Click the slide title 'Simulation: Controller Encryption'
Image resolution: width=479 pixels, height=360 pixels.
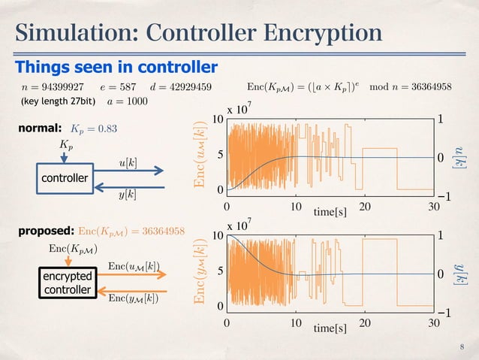click(199, 33)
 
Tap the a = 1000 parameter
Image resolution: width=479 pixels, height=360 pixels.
click(128, 101)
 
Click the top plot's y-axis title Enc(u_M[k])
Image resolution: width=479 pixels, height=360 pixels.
click(201, 154)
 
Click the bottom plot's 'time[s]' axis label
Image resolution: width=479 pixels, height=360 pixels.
click(330, 328)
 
